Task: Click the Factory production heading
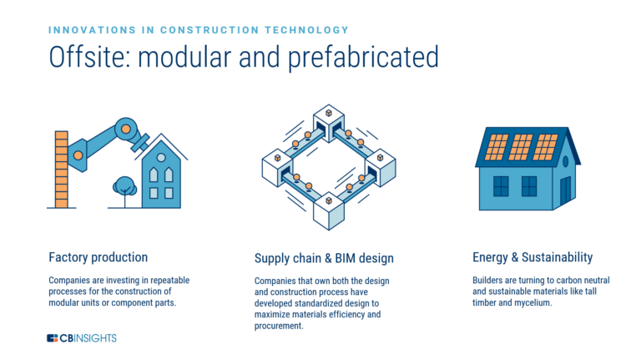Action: pyautogui.click(x=98, y=257)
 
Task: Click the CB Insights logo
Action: pyautogui.click(x=82, y=338)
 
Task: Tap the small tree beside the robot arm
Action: pyautogui.click(x=125, y=187)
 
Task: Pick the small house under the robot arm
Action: pyautogui.click(x=160, y=176)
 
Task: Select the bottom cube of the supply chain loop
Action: pyautogui.click(x=329, y=209)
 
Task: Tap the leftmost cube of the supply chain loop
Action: pyautogui.click(x=276, y=168)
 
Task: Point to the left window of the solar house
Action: pyautogui.click(x=502, y=185)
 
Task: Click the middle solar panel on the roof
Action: pyautogui.click(x=521, y=147)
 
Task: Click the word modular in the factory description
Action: pyautogui.click(x=71, y=302)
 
